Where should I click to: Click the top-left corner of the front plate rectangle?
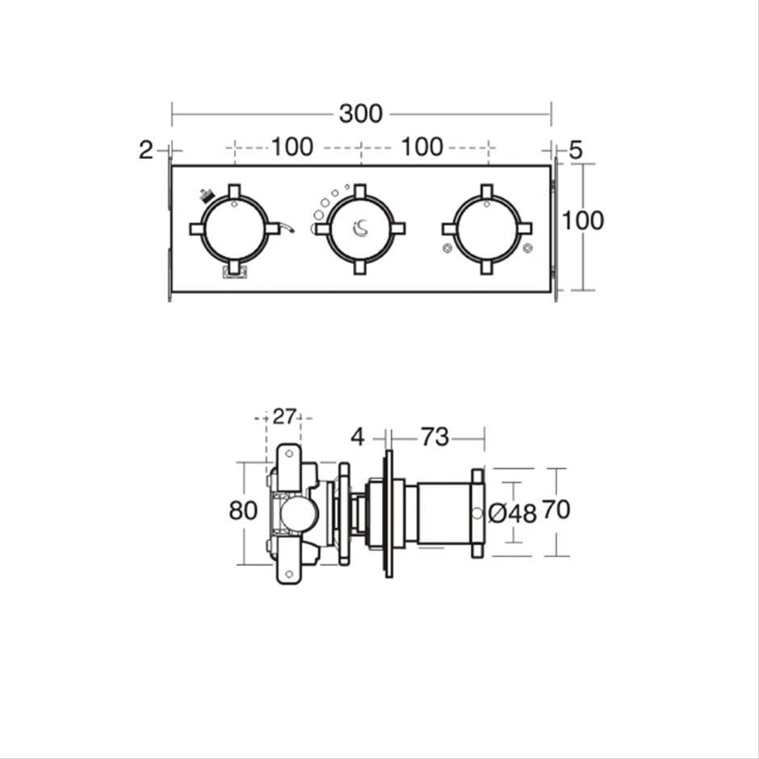[172, 166]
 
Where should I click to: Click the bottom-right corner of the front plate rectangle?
[551, 291]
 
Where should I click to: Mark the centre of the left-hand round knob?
[235, 229]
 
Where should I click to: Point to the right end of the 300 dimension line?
[551, 115]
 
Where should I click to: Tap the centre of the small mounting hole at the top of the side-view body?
[289, 454]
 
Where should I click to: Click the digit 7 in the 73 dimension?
[427, 437]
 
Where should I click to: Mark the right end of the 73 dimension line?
[484, 439]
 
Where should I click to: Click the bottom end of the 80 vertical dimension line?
[244, 564]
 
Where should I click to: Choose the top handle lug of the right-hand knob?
[486, 191]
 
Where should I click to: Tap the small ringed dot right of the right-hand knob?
[527, 249]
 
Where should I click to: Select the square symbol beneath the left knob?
[235, 272]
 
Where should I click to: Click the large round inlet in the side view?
[300, 514]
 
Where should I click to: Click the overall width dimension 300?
[361, 114]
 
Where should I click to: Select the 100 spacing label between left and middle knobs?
[292, 147]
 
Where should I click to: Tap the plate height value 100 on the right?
[583, 220]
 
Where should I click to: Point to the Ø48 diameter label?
[513, 514]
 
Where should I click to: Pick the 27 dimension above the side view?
[284, 417]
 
